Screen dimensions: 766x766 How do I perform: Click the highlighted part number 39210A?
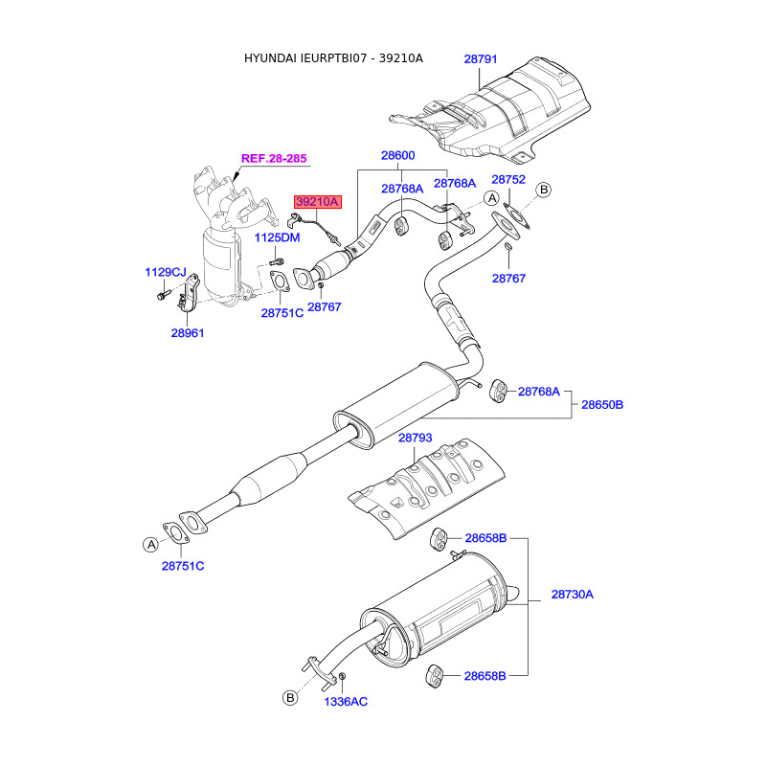(317, 202)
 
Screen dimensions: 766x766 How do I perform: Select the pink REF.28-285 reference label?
(274, 158)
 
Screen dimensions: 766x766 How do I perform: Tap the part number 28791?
(481, 59)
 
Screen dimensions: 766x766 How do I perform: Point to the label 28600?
(397, 155)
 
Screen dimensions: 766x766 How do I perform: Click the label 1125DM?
(277, 237)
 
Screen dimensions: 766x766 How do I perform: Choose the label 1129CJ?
(166, 272)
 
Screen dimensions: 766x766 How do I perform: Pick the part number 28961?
(188, 333)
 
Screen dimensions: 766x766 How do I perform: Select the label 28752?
(508, 180)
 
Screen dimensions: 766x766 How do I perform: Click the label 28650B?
(602, 405)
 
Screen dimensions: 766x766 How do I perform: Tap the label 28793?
(416, 439)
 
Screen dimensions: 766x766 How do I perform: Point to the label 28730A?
(572, 595)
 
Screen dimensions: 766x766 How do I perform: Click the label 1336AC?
(346, 702)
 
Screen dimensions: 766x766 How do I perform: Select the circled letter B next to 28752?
(543, 190)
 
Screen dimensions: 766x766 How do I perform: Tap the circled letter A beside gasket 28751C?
(151, 544)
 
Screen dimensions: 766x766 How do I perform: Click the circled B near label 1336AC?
(290, 698)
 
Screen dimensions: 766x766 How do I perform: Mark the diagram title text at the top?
(333, 58)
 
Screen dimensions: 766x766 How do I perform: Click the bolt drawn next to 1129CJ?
(163, 295)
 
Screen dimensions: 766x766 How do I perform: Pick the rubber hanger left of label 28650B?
(497, 392)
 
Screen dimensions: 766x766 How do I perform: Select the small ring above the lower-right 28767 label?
(508, 246)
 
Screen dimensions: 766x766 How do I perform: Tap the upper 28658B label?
(485, 538)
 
